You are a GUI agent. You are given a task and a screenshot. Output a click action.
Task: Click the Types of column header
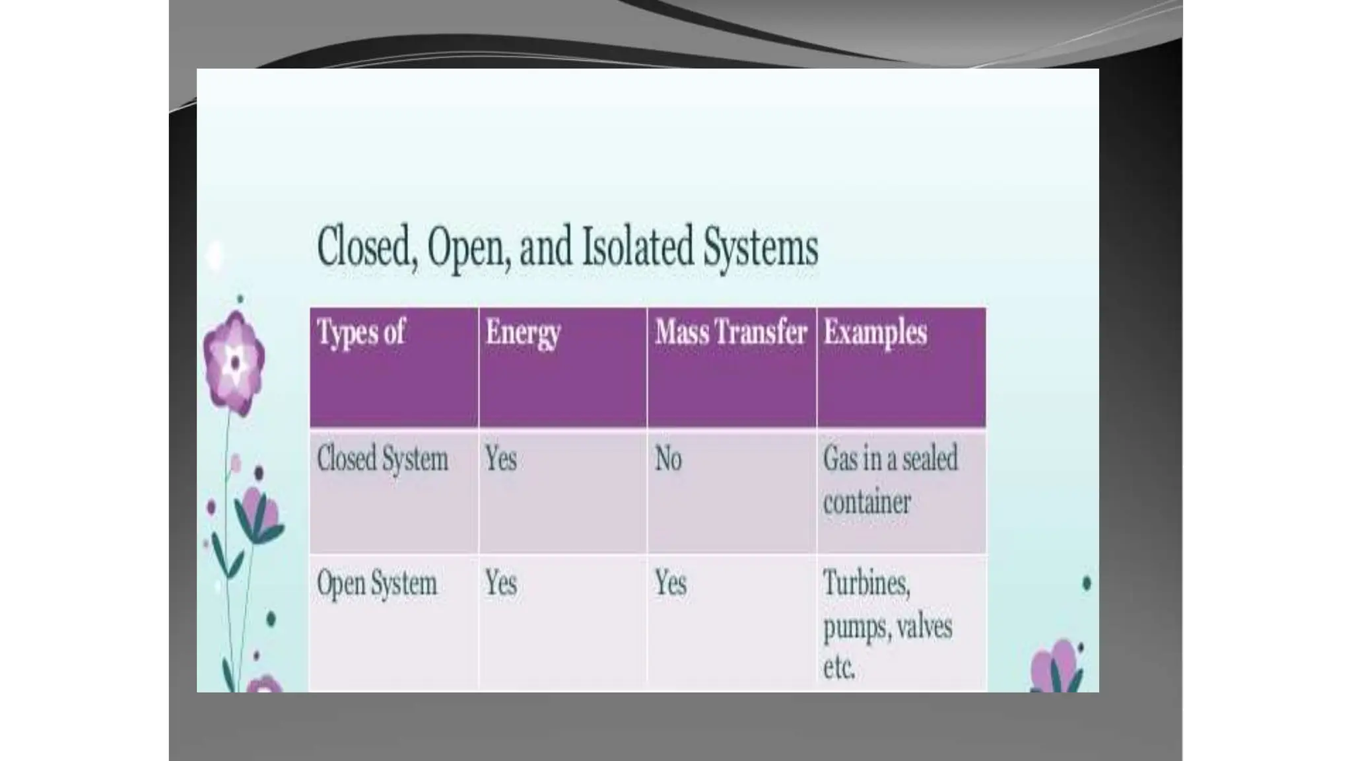(360, 332)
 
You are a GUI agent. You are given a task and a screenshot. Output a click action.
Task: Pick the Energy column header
(523, 332)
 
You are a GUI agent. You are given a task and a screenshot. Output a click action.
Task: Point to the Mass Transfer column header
(731, 332)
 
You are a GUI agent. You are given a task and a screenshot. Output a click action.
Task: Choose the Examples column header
(875, 332)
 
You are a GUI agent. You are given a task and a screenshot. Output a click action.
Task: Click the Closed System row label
(382, 459)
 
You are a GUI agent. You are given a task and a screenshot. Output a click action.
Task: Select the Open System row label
(377, 583)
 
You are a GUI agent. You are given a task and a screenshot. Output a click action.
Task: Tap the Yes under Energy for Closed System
(500, 459)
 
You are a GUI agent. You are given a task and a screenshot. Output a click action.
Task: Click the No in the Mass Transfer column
(668, 459)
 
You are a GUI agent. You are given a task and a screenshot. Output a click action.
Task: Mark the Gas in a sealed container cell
(889, 480)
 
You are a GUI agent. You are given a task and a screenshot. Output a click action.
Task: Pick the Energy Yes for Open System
(500, 583)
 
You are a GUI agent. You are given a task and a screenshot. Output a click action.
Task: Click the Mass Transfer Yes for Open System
(670, 583)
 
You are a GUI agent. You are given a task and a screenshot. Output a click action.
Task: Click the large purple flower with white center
(234, 361)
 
